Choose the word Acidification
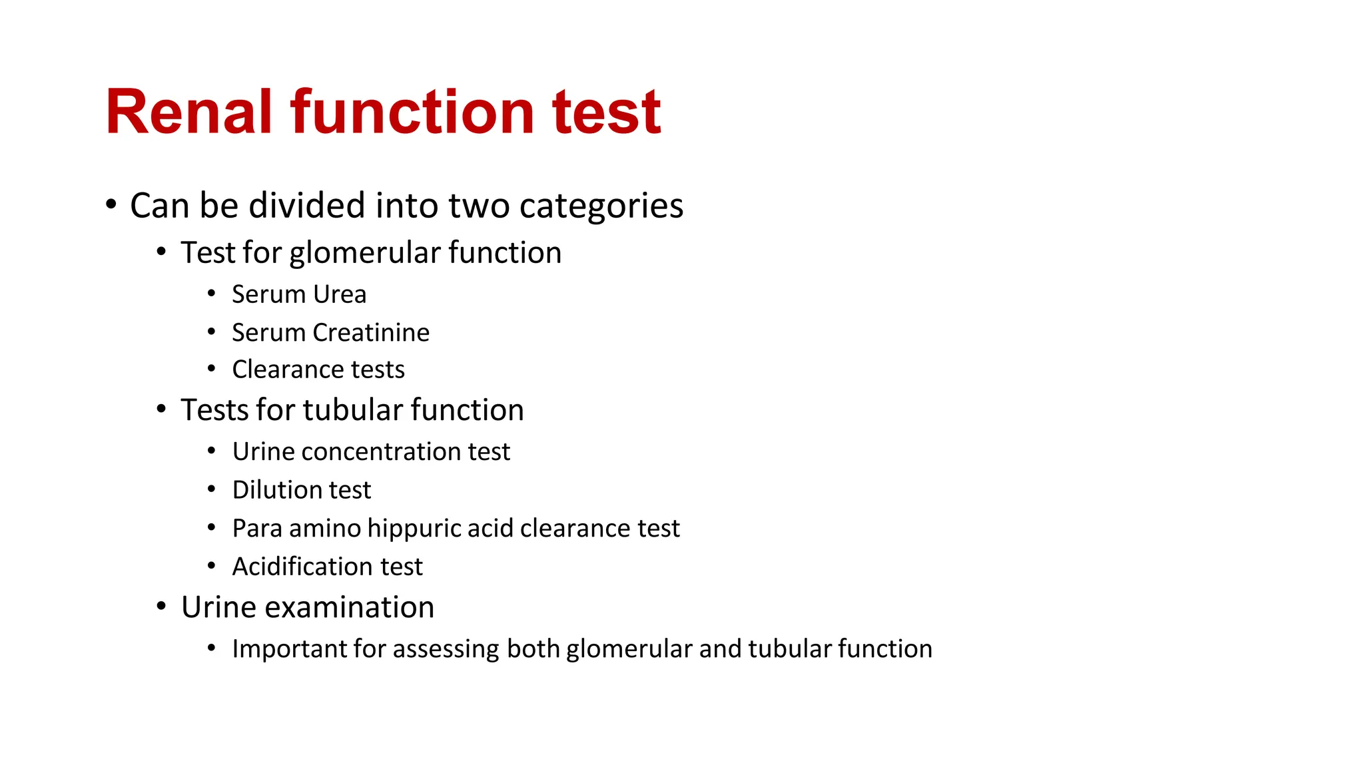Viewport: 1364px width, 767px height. pyautogui.click(x=302, y=567)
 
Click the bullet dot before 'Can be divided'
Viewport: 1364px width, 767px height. pyautogui.click(x=111, y=204)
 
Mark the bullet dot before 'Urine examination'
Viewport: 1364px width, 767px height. pyautogui.click(x=161, y=606)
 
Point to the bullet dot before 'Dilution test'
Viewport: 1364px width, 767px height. pyautogui.click(x=211, y=489)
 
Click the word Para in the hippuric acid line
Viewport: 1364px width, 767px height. pyautogui.click(x=257, y=529)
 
